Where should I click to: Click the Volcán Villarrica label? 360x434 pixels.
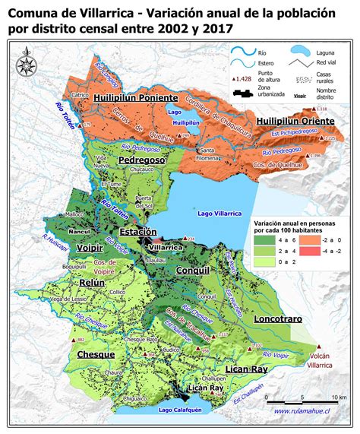[x=320, y=360]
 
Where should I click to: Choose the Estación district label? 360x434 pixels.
[x=138, y=231]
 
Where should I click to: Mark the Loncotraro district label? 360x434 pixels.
[x=278, y=318]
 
